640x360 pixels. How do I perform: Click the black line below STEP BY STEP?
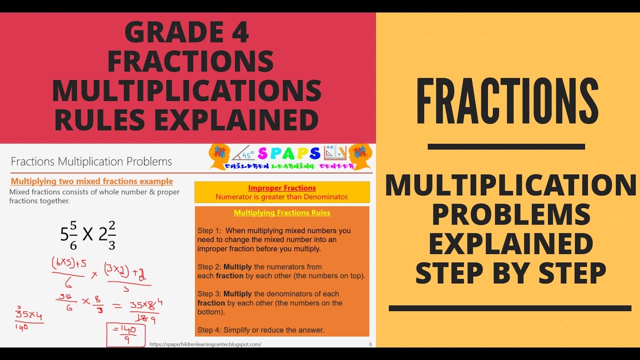[510, 308]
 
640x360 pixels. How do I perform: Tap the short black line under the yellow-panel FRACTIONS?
[506, 146]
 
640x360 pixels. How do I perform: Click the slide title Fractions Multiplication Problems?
[91, 161]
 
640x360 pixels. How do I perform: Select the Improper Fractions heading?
[282, 188]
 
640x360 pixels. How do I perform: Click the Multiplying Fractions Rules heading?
[282, 212]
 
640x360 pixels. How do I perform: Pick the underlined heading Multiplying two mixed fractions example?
[92, 181]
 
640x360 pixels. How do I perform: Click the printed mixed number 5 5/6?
[69, 233]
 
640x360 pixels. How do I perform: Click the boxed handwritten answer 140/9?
[125, 335]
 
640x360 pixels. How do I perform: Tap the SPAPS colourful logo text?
[289, 153]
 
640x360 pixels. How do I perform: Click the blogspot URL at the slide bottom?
[205, 344]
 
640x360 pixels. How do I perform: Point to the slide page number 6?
[370, 344]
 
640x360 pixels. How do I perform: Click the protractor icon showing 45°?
[243, 153]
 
